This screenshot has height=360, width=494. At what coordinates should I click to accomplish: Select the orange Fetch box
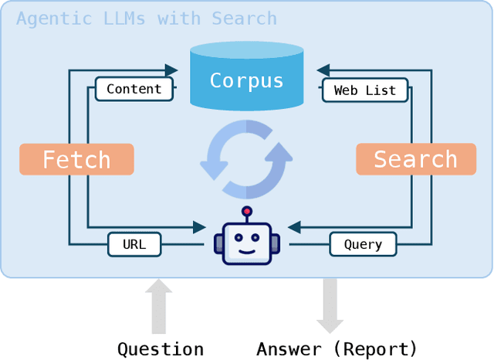tap(76, 159)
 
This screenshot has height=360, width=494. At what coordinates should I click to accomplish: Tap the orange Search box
tap(415, 159)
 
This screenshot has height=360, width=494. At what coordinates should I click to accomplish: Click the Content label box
tap(134, 89)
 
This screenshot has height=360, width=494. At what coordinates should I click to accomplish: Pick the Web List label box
tap(364, 90)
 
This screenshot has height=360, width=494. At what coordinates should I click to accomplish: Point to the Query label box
tap(363, 245)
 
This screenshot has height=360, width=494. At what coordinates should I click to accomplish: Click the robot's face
tap(247, 243)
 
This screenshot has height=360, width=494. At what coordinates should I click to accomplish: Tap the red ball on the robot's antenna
tap(247, 211)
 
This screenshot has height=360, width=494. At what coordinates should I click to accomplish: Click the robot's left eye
tap(237, 236)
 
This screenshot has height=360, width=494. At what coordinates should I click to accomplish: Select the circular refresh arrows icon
tap(246, 159)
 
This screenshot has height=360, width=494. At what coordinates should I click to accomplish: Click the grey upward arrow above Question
tap(160, 306)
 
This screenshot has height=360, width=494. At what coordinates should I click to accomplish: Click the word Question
tap(161, 349)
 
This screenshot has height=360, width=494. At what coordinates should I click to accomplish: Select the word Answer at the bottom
tap(289, 349)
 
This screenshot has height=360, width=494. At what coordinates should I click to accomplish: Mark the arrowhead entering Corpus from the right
tap(323, 70)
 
